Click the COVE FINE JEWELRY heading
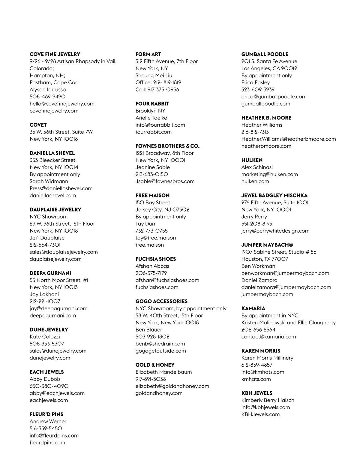[55, 54]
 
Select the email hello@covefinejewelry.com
[62, 104]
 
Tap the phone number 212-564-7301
[45, 245]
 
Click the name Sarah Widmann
[49, 181]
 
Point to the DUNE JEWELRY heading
[49, 329]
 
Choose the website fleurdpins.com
[47, 443]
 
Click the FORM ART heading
[148, 54]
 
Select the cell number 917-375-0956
[157, 90]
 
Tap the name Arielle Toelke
[151, 118]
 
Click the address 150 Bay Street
[153, 203]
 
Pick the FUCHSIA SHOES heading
[156, 259]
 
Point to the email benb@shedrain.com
[160, 344]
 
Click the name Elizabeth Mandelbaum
[163, 372]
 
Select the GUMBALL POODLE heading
[265, 54]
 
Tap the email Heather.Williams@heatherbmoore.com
[289, 139]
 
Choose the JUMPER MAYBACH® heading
[267, 245]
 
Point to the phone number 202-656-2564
[258, 329]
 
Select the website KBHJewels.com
[260, 414]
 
